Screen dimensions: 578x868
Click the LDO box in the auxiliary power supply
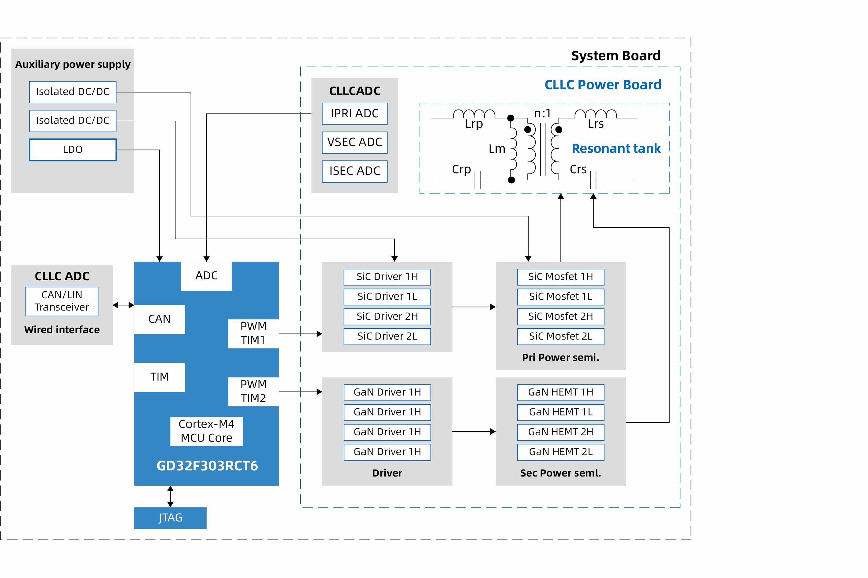point(73,150)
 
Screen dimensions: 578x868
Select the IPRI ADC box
point(354,113)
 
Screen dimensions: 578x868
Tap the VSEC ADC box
point(354,142)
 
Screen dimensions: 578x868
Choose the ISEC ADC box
point(354,171)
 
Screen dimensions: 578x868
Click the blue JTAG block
point(170,518)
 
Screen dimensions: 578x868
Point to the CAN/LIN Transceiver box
point(62,301)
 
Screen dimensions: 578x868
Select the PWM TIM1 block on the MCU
point(253,333)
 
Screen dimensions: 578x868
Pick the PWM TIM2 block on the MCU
point(253,392)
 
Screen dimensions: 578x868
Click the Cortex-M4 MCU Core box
point(206,431)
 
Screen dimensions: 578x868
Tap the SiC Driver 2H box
point(387,316)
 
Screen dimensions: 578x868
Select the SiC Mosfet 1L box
point(561,296)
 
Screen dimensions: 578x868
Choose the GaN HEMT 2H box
point(561,432)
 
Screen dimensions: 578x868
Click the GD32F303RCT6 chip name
point(207,466)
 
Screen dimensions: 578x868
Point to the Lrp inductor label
point(474,124)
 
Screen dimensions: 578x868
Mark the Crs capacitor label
point(578,169)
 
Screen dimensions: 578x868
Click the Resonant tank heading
point(616,149)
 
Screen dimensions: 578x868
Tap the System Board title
point(616,56)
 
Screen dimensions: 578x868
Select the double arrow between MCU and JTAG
point(170,496)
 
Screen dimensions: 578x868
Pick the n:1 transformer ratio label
point(542,113)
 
